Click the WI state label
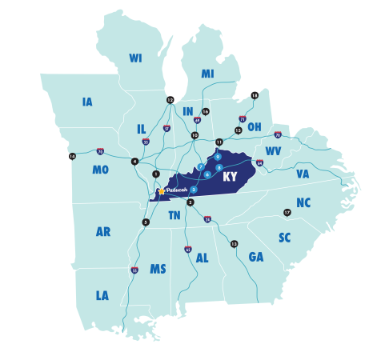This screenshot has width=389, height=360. tap(134, 58)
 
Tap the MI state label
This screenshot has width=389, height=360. tap(207, 74)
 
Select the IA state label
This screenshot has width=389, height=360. tap(87, 102)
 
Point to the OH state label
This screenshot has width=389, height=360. tap(254, 126)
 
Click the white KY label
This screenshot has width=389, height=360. tap(230, 176)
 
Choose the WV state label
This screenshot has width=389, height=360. tap(274, 150)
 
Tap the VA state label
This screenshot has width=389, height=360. tap(303, 174)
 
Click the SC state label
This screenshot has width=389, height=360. tap(285, 238)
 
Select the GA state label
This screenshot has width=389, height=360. tap(256, 257)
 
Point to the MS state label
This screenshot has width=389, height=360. tap(158, 269)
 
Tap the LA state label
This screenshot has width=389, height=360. tap(102, 295)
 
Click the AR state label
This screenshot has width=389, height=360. tap(103, 231)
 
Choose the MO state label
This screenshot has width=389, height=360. tap(101, 170)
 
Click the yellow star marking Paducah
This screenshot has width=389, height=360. tap(161, 191)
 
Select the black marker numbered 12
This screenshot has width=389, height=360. tap(170, 99)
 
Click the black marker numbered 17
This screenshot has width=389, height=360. tap(287, 212)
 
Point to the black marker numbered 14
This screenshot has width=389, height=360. tap(72, 156)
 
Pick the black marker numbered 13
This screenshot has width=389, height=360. tap(234, 243)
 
